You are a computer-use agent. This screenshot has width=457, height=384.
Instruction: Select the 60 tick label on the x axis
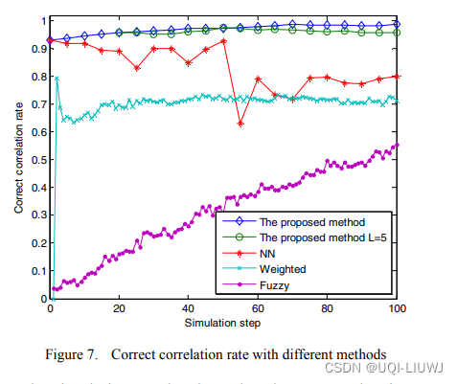[x=259, y=310]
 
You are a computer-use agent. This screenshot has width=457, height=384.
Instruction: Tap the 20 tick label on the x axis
[x=120, y=310]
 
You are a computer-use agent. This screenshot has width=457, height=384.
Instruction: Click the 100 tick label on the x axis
[x=397, y=310]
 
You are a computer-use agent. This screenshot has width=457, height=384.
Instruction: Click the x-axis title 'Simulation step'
[x=223, y=324]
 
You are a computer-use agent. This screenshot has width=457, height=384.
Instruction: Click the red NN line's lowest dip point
[x=240, y=124]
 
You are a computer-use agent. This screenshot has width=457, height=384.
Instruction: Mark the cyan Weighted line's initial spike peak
[x=57, y=79]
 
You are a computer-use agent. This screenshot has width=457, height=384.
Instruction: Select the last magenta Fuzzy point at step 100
[x=398, y=145]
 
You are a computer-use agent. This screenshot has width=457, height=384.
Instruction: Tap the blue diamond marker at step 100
[x=398, y=24]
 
